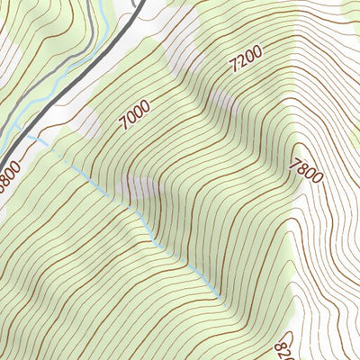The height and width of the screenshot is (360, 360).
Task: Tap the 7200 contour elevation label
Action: (246, 60)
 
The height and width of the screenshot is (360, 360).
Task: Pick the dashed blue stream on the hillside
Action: (135, 216)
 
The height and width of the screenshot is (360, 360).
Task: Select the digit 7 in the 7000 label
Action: (121, 121)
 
